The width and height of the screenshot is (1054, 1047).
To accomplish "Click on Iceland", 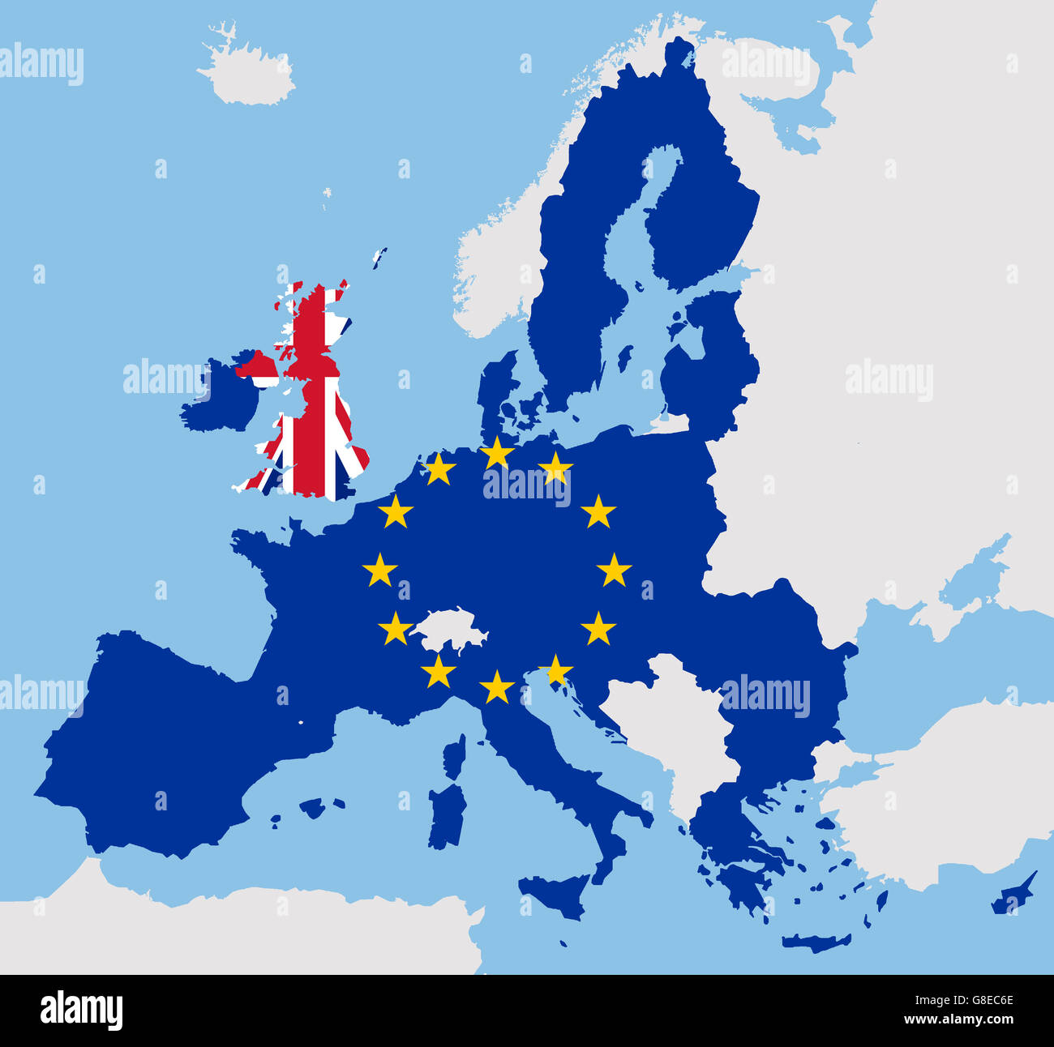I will click(247, 73).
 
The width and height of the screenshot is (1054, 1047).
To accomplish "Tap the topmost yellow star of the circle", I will click(496, 452).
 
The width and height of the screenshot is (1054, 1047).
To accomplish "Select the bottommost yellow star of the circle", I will click(496, 687).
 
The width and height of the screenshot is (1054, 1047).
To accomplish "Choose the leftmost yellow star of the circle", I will click(379, 571).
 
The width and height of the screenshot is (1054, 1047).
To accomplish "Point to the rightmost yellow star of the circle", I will click(614, 571).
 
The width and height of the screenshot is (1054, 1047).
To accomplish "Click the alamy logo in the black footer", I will click(81, 1010).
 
